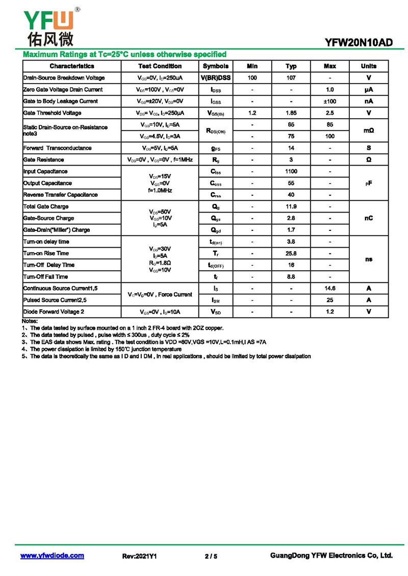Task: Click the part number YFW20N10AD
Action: (359, 43)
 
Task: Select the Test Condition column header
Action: (160, 66)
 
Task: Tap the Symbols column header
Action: (216, 66)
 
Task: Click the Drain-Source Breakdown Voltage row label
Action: (64, 78)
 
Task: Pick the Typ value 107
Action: (291, 78)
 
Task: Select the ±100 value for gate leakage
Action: (330, 101)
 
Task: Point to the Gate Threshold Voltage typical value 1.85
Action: (291, 113)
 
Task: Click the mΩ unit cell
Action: (369, 130)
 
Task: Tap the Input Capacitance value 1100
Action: (291, 172)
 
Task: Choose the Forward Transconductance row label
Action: (58, 148)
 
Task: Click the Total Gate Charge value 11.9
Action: (291, 207)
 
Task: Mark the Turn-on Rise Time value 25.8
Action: (291, 253)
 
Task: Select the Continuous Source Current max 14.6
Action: (330, 289)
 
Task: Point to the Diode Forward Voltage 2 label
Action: (54, 312)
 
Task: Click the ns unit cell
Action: (369, 259)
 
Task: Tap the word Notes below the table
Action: (30, 321)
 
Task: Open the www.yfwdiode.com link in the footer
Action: (52, 556)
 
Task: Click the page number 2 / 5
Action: (211, 556)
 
